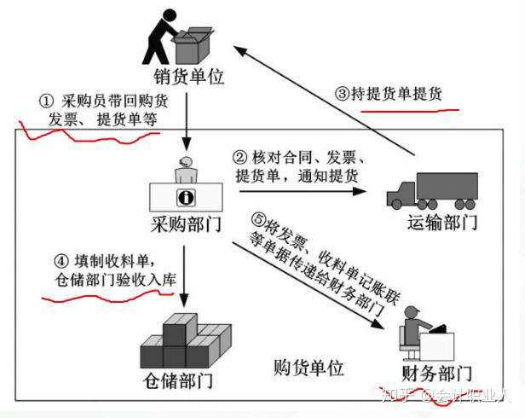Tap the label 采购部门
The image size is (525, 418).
tap(185, 226)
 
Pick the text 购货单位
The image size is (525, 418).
tap(309, 369)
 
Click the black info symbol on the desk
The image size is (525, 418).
tap(186, 197)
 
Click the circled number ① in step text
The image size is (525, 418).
tap(47, 101)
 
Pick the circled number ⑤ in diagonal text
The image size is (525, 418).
tap(260, 218)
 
